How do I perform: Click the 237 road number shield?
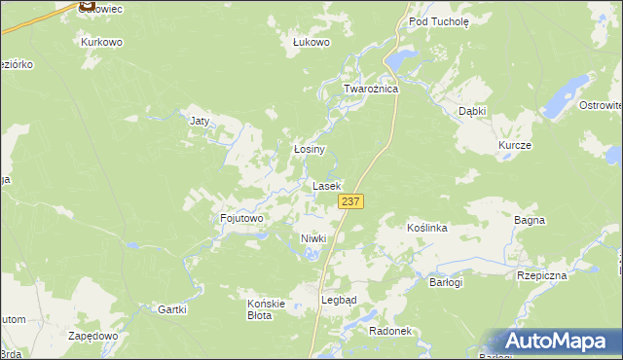coord(351,200)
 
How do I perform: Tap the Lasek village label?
coord(326,185)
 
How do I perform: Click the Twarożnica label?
coord(371,89)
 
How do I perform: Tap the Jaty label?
coord(200,121)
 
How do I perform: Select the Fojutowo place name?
coord(242,219)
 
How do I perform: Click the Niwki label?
coord(312,238)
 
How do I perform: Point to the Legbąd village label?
coord(339,300)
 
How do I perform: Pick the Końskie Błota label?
coord(266,308)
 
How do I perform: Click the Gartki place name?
coord(170,308)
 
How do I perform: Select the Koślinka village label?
coord(426,228)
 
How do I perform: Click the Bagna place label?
coord(529,221)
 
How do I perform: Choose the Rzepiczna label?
coord(542,275)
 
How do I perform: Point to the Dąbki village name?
coord(472,112)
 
